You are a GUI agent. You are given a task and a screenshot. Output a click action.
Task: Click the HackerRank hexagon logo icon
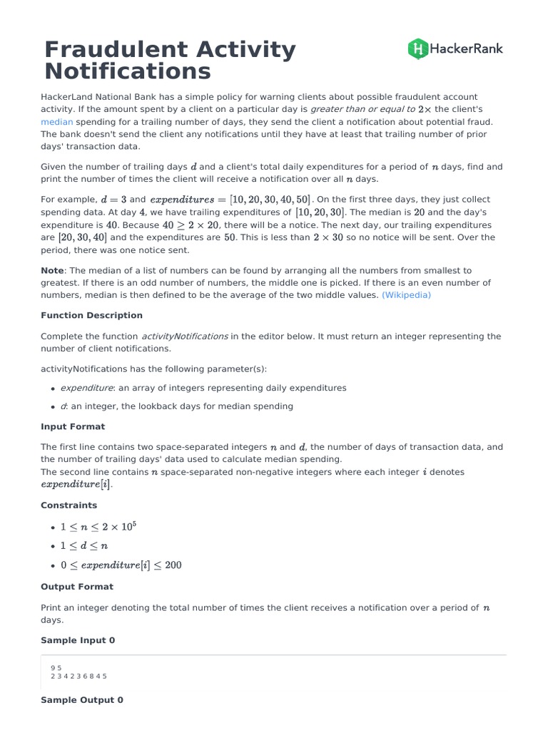coord(417,48)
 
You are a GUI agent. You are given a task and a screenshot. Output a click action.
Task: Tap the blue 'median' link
coord(56,122)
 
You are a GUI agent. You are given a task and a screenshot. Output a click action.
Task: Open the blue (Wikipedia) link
coord(406,294)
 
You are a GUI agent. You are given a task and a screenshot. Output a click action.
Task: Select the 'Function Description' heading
coord(91,315)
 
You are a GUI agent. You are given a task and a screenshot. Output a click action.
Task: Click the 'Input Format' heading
coord(73,426)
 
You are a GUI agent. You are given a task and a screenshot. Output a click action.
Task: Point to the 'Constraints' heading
coord(68,505)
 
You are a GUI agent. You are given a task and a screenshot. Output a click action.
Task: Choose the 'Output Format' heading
coord(76,587)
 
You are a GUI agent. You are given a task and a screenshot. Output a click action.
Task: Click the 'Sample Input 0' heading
coord(78,640)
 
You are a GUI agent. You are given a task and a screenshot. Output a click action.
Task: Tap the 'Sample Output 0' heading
coord(82,700)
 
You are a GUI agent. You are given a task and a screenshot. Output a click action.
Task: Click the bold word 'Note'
coord(52,270)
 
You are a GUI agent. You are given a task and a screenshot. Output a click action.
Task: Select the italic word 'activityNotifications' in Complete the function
coord(185,336)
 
